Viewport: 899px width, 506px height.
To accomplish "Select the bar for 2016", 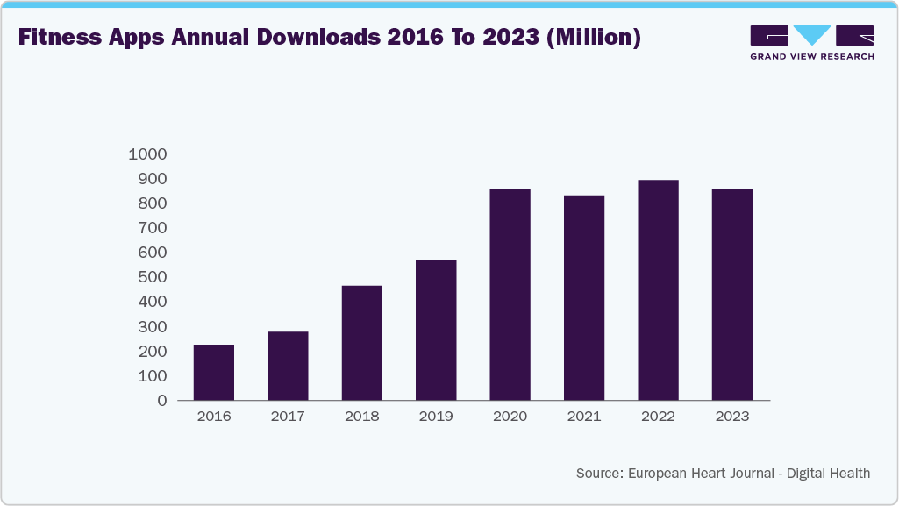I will coord(213,372).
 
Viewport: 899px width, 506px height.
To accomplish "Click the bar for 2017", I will coord(288,366).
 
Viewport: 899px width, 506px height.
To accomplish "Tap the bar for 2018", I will coord(361,343).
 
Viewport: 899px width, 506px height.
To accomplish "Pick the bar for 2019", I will coord(436,330).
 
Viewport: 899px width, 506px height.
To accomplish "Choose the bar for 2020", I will coord(510,295).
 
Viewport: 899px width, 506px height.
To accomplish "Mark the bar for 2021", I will coord(584,297).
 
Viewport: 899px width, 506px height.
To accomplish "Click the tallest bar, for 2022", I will coord(658,290).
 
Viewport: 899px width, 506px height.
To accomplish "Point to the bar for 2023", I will coord(731,295).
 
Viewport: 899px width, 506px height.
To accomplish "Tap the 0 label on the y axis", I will coord(162,401).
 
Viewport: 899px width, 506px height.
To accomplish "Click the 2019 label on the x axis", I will coord(436,417).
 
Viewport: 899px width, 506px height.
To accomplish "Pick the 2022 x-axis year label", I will coord(658,417).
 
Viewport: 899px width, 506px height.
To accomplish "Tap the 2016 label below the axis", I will coord(213,417).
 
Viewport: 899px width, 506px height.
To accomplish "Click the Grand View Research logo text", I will coord(811,56).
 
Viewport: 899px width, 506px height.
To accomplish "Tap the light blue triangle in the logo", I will coord(812,35).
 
